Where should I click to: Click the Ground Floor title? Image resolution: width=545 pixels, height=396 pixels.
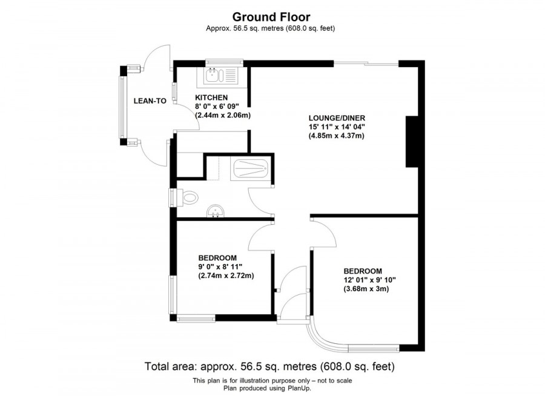(x=272, y=17)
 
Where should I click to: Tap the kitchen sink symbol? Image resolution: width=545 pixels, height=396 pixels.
(x=222, y=75)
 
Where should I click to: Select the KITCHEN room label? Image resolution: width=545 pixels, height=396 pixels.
(x=211, y=97)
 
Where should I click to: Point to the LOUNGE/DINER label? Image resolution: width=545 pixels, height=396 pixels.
(x=337, y=117)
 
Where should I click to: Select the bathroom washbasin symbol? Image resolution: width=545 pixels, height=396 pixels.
(x=215, y=211)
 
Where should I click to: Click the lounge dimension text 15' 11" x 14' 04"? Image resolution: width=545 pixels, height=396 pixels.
(x=337, y=127)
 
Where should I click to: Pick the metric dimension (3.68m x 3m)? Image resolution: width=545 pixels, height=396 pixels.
(x=366, y=289)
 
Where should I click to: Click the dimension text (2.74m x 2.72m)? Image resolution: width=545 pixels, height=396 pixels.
(x=226, y=276)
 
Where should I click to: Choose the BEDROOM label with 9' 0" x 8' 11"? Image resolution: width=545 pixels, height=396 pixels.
(x=217, y=257)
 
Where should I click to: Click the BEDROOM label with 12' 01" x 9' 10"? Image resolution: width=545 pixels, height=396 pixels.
(x=363, y=271)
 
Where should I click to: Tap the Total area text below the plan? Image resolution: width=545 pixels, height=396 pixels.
(x=269, y=366)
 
